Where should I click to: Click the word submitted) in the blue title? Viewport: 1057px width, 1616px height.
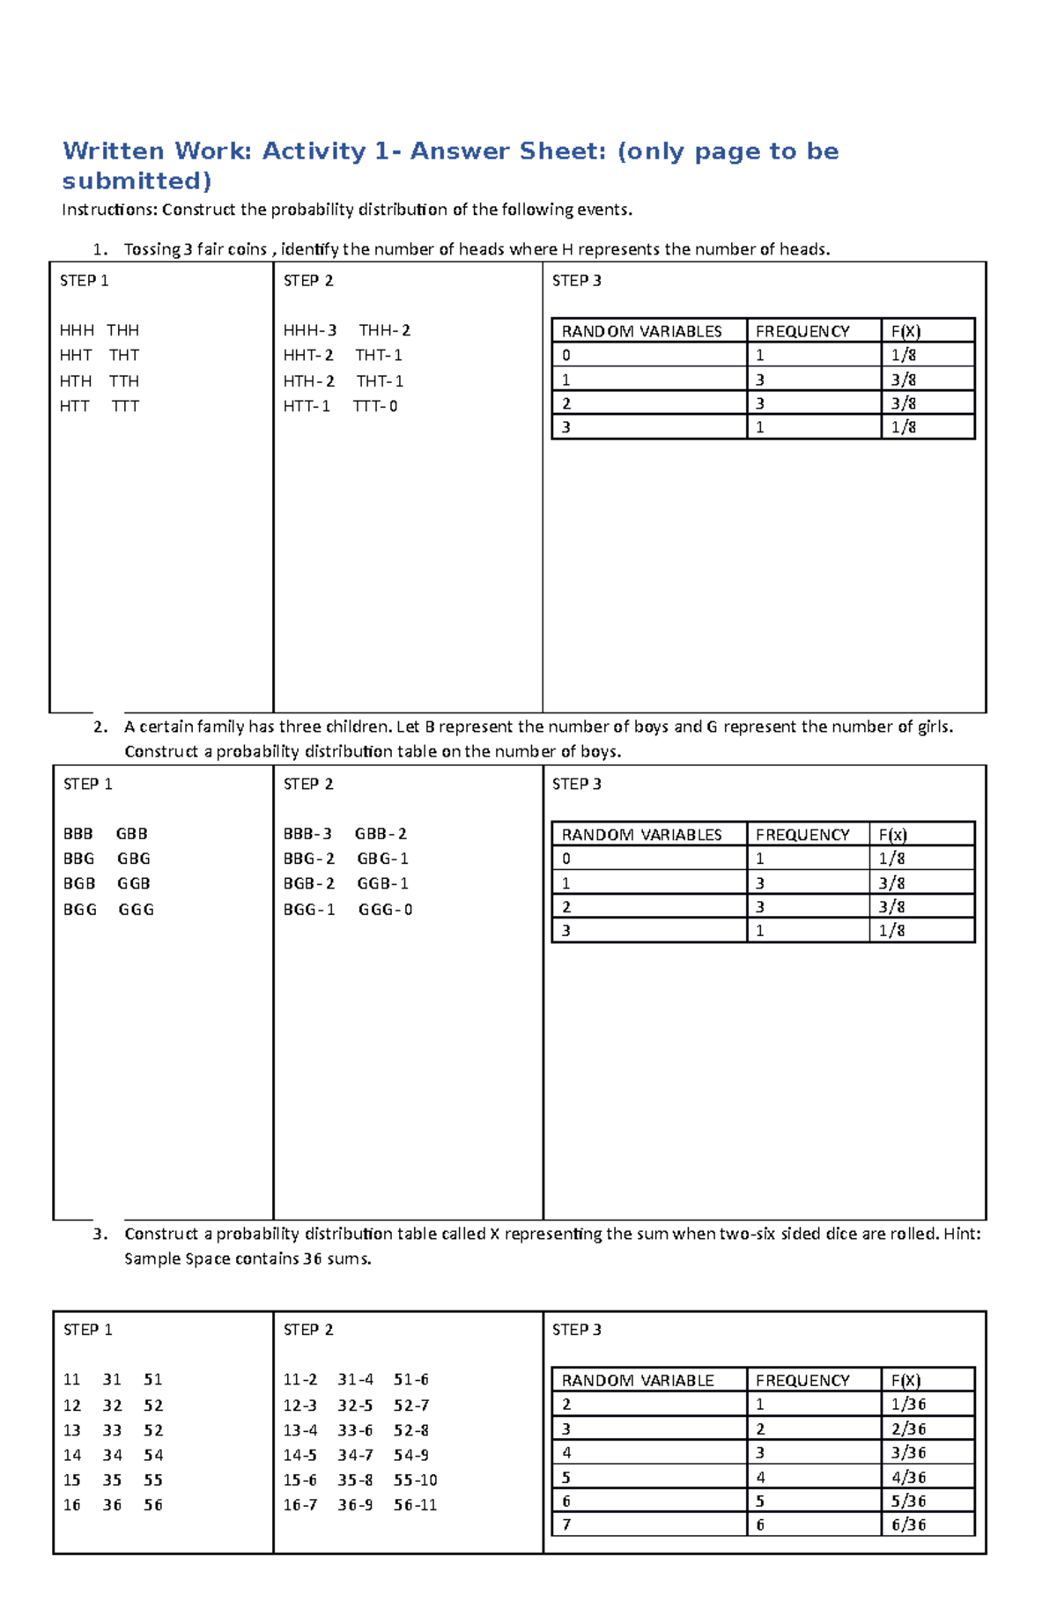pyautogui.click(x=137, y=181)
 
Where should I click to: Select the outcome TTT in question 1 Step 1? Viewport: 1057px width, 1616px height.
pyautogui.click(x=125, y=406)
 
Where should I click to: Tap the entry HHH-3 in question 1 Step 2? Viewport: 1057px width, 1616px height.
pyautogui.click(x=309, y=330)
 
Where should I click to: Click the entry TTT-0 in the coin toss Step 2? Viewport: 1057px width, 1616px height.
pyautogui.click(x=375, y=406)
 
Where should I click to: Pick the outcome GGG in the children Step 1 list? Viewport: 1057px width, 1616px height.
pyautogui.click(x=136, y=909)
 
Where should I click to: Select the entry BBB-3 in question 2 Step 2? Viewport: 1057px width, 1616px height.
pyautogui.click(x=307, y=833)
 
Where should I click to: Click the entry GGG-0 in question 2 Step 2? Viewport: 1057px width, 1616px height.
pyautogui.click(x=385, y=909)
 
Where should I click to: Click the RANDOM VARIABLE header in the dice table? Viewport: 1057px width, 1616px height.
pyautogui.click(x=638, y=1380)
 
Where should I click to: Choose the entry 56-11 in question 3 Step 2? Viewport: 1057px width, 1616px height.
pyautogui.click(x=415, y=1505)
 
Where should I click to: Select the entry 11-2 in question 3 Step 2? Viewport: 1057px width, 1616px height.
pyautogui.click(x=300, y=1379)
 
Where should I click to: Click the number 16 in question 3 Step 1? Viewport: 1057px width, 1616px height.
pyautogui.click(x=72, y=1505)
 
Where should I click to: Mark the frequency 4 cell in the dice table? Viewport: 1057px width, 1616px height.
pyautogui.click(x=760, y=1477)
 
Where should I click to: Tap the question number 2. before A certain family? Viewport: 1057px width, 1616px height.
pyautogui.click(x=100, y=727)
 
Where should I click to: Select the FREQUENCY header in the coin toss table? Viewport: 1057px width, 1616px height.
pyautogui.click(x=802, y=331)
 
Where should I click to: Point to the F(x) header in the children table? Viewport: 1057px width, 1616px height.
pyautogui.click(x=892, y=834)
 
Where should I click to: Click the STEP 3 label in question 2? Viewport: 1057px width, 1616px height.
pyautogui.click(x=576, y=784)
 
